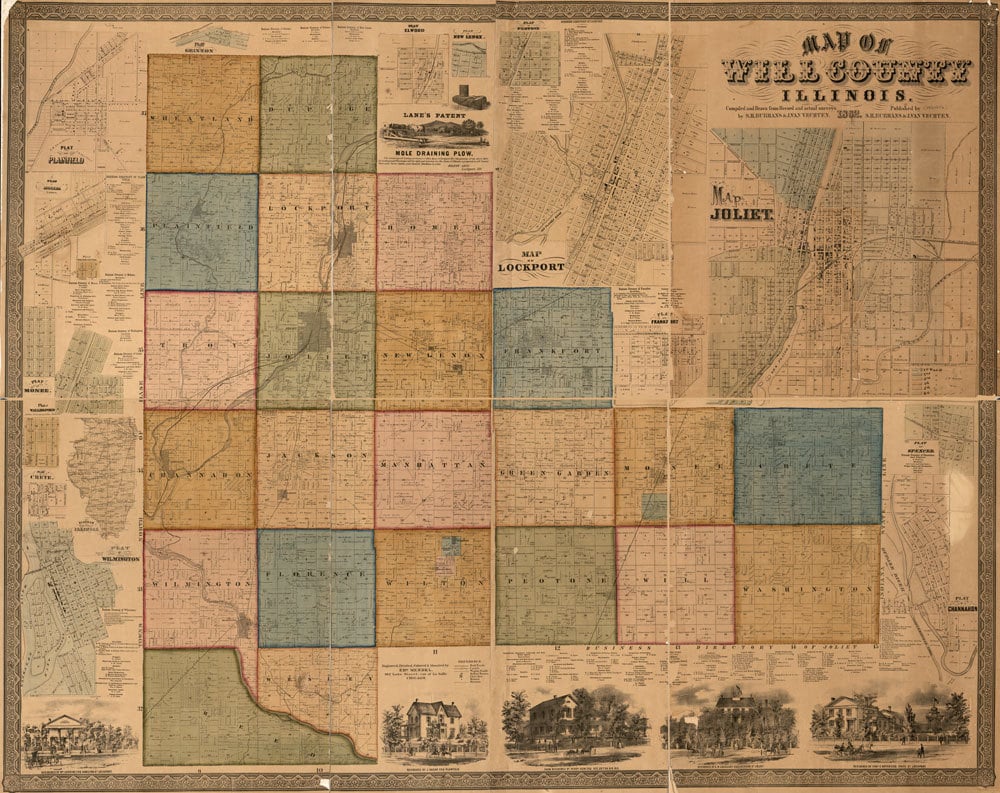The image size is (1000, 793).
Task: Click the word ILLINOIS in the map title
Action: pos(845,94)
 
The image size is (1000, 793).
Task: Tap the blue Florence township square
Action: pos(316,588)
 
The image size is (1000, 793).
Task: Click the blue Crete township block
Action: pos(808,466)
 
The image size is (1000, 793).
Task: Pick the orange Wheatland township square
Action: pos(203,113)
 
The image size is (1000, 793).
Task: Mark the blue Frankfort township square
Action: pos(552,348)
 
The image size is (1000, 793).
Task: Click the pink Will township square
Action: pos(675,584)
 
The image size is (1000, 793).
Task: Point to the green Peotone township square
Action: pos(555,585)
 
